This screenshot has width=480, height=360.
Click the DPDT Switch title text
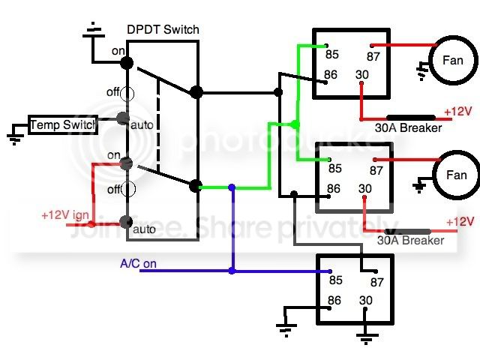(163, 30)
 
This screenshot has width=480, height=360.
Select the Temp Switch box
(63, 125)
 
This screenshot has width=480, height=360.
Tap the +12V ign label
(65, 215)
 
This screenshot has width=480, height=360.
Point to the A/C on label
(138, 263)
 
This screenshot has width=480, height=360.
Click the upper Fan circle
(453, 60)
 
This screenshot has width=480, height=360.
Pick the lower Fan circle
(457, 175)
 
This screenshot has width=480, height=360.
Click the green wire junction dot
(295, 124)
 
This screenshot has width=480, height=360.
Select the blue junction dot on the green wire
(232, 187)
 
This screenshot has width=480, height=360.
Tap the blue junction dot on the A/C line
(232, 271)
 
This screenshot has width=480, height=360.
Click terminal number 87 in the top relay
(373, 57)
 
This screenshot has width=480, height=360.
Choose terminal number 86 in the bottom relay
(334, 300)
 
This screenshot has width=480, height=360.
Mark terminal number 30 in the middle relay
(365, 188)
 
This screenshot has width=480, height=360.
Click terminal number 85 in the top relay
(332, 55)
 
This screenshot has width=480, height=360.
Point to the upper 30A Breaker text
(408, 127)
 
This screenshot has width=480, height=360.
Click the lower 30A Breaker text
(410, 240)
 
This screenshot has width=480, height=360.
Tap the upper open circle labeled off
(127, 94)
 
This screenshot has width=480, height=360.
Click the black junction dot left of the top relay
(278, 92)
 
